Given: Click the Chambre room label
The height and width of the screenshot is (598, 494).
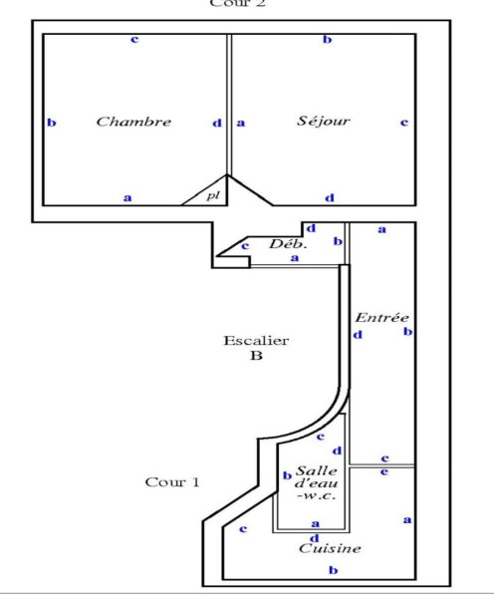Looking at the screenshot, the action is click(133, 122).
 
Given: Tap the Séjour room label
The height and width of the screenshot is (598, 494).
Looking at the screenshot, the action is click(324, 121).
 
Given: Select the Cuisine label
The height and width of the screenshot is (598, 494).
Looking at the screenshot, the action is click(330, 548).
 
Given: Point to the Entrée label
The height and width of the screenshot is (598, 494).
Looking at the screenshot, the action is click(381, 317).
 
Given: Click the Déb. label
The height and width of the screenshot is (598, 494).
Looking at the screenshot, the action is click(288, 243).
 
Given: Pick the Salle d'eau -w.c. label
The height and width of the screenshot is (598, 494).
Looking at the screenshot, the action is click(317, 482).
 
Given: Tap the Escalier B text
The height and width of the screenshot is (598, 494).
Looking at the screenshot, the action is click(256, 348).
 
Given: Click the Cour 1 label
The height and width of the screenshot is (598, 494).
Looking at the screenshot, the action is click(172, 482).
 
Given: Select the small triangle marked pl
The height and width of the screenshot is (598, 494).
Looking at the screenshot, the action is click(209, 192).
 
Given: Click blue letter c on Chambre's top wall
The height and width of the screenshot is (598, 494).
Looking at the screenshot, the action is click(134, 39).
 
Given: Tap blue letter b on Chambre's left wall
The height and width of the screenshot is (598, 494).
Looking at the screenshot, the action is click(52, 123).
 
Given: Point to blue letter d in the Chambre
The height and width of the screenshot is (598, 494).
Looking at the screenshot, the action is click(217, 124).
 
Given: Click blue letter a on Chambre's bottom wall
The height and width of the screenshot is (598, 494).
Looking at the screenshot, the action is click(127, 198).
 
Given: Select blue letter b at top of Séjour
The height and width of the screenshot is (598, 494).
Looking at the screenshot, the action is click(328, 39).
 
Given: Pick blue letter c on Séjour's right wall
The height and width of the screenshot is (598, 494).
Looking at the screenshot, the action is click(404, 123).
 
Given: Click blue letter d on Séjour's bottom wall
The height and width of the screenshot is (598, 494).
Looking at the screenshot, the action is click(330, 197).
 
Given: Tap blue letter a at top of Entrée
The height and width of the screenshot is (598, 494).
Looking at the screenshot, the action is click(381, 229).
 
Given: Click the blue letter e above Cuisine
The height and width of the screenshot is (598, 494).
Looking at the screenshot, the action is click(384, 471).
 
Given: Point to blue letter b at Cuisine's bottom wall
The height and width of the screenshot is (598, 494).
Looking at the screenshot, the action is click(334, 570).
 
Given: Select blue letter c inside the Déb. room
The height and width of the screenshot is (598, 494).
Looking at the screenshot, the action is click(245, 246).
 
